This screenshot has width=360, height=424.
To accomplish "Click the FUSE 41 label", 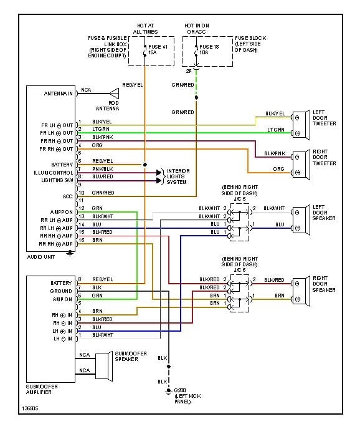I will (x=156, y=47).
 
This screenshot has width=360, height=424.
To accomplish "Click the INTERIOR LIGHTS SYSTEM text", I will (x=178, y=176).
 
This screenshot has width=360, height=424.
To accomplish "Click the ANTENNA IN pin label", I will (x=58, y=94).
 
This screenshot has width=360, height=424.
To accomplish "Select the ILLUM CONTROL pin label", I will (x=54, y=172).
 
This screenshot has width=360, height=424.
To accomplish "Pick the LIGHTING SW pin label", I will (x=57, y=180).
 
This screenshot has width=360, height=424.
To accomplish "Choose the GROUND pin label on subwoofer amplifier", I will (x=61, y=291).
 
